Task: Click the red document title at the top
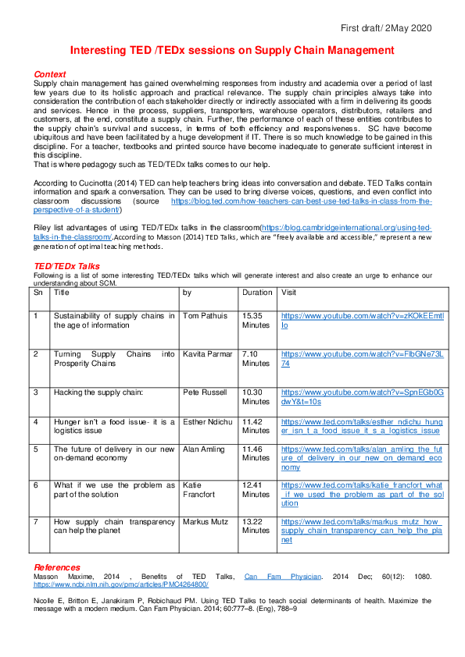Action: pos(232,51)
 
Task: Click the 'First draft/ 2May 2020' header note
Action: pos(385,28)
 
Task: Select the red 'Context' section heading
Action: pos(50,74)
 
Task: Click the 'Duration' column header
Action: pos(257,293)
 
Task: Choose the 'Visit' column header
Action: pos(289,293)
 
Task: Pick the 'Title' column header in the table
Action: pos(62,293)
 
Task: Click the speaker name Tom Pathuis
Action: pos(205,316)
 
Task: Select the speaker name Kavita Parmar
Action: pos(207,354)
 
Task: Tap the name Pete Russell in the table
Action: pos(206,392)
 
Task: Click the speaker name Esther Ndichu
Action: pos(209,421)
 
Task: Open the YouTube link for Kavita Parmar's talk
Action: pos(362,359)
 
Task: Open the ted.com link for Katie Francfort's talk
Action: pos(363,494)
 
